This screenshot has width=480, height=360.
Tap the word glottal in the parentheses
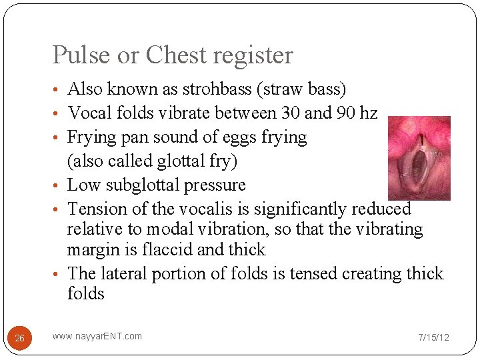(177, 161)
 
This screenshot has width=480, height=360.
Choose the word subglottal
(156, 185)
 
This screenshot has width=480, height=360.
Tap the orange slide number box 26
(19, 338)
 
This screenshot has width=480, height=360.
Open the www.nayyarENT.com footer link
(97, 336)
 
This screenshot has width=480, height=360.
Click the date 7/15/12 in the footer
(433, 337)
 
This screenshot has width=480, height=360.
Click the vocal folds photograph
(419, 158)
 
